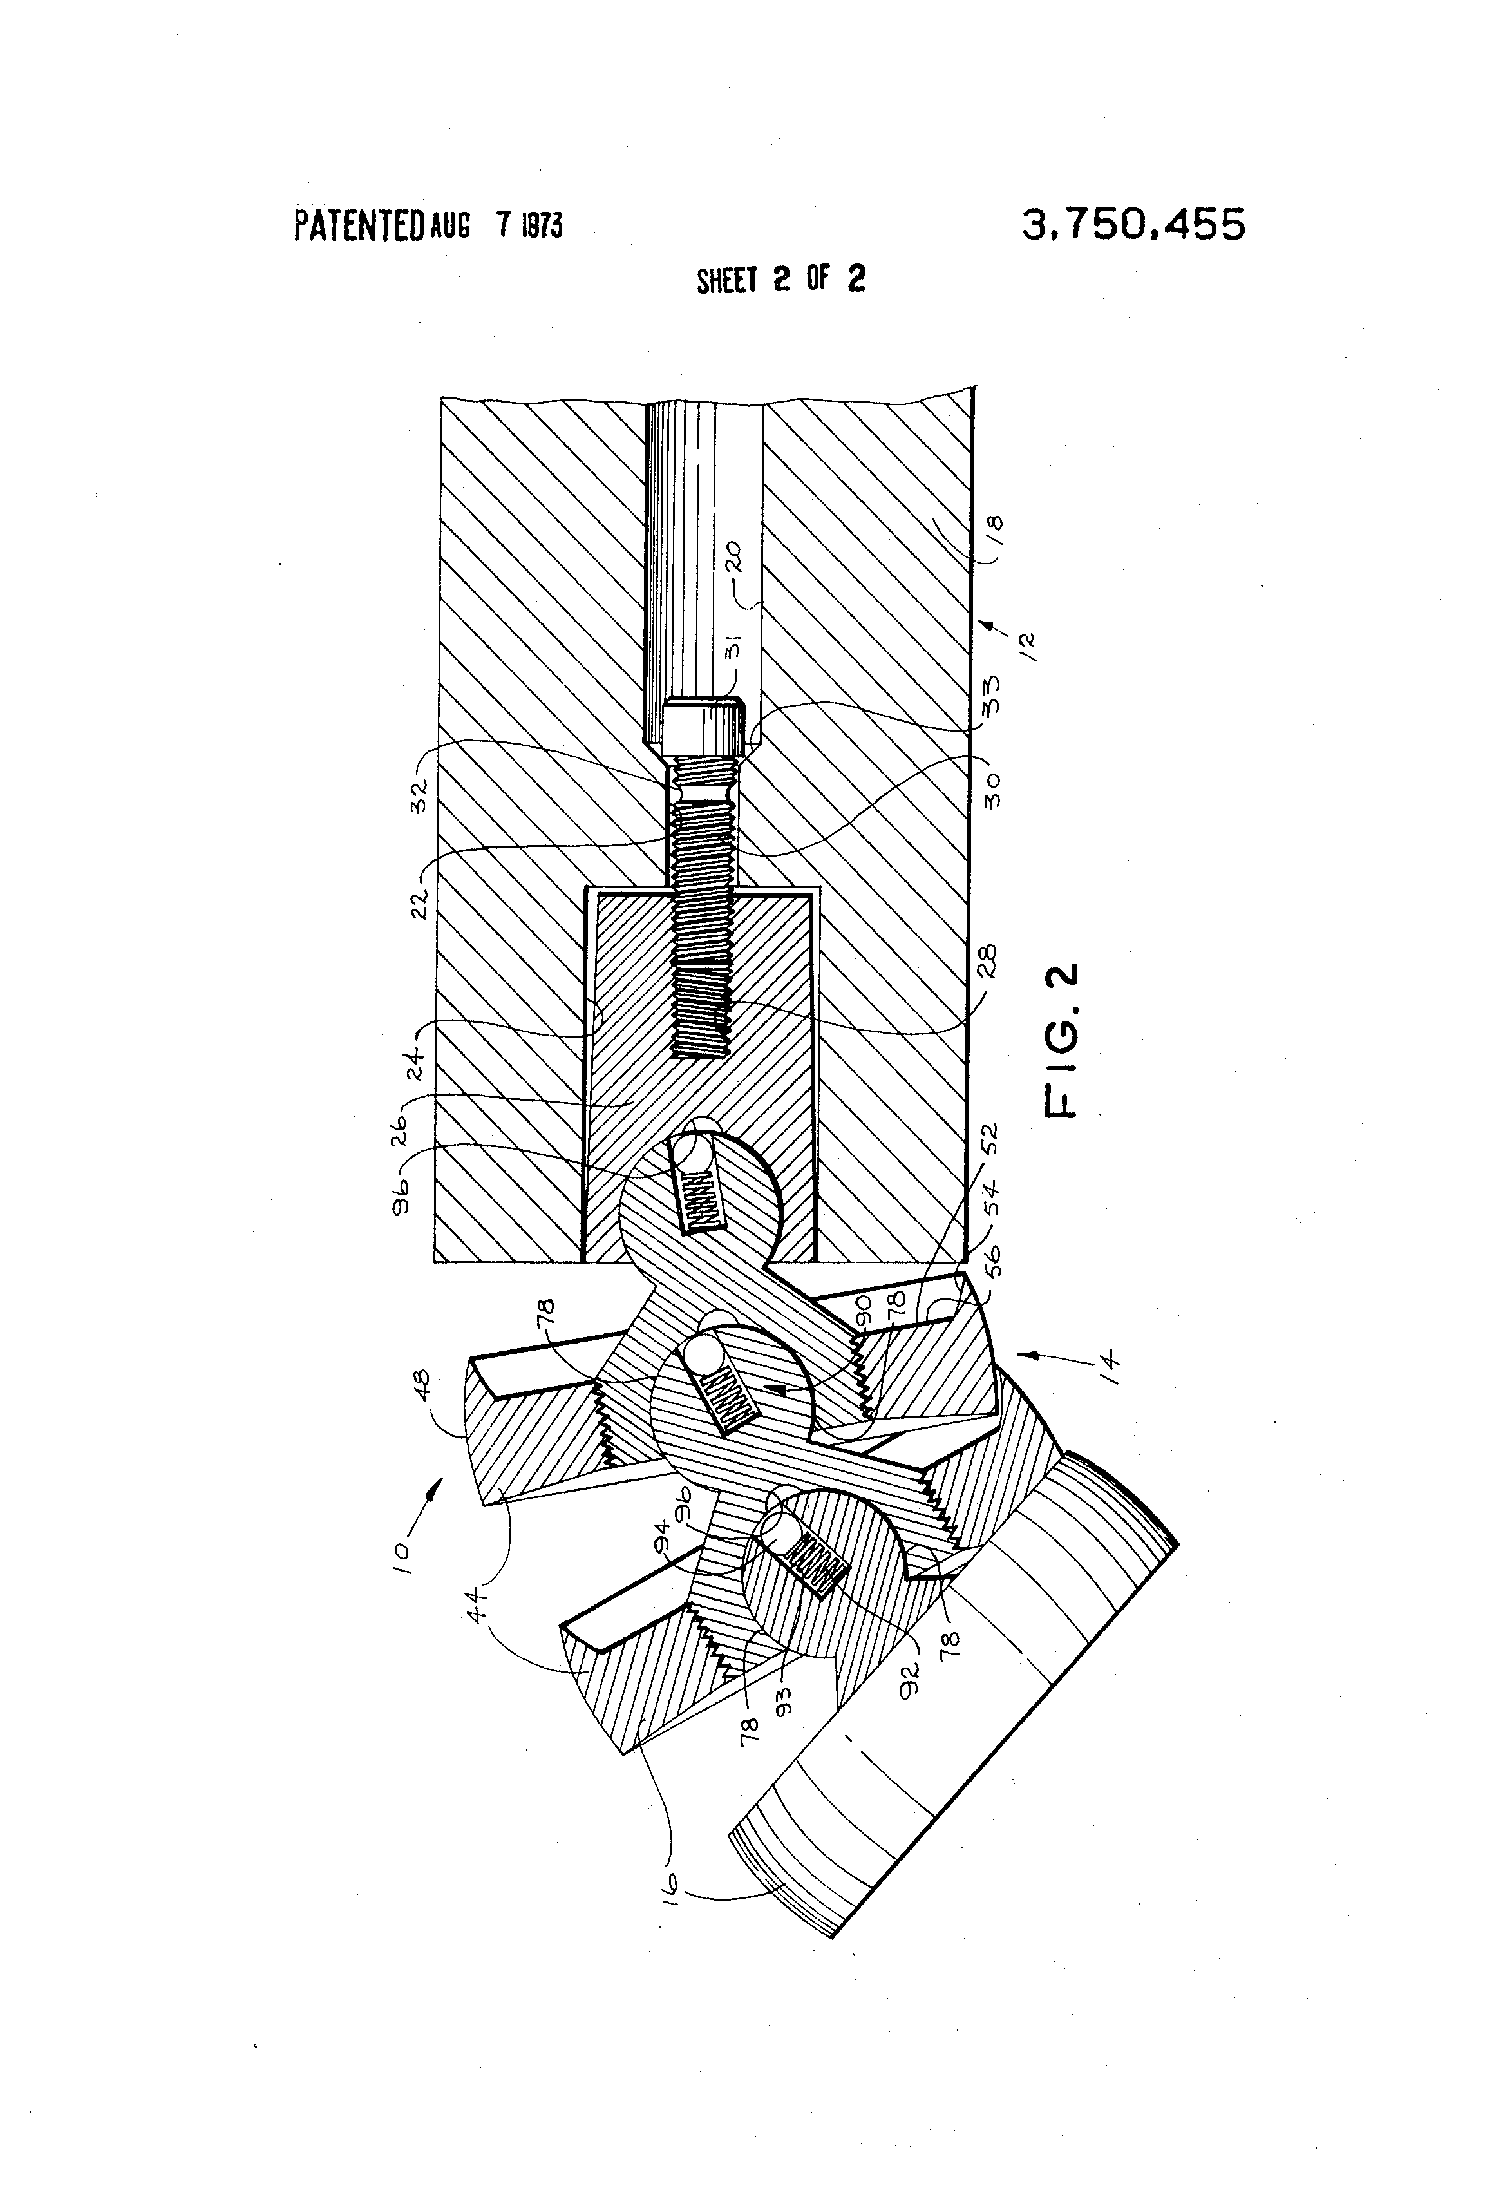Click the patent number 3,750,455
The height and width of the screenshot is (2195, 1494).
1133,225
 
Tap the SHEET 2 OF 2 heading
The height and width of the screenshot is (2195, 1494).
780,280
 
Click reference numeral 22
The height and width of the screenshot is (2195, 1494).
421,902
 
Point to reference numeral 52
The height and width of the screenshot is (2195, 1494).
990,1141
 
